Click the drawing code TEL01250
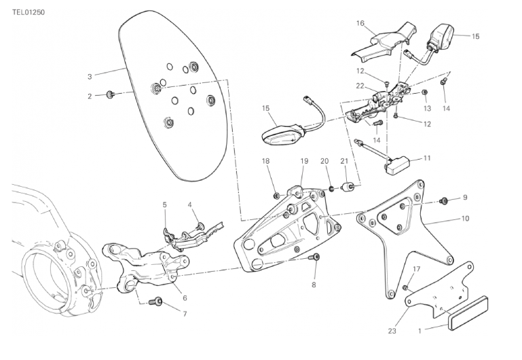coord(28,12)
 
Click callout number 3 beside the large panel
coord(90,75)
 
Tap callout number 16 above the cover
coord(360,22)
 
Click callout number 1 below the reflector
coord(420,331)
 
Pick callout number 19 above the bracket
coord(305,161)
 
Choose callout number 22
coord(360,86)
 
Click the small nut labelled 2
coord(110,94)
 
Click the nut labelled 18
coord(276,195)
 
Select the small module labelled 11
coord(398,164)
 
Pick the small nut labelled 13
coord(424,92)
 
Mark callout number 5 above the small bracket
coord(164,204)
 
